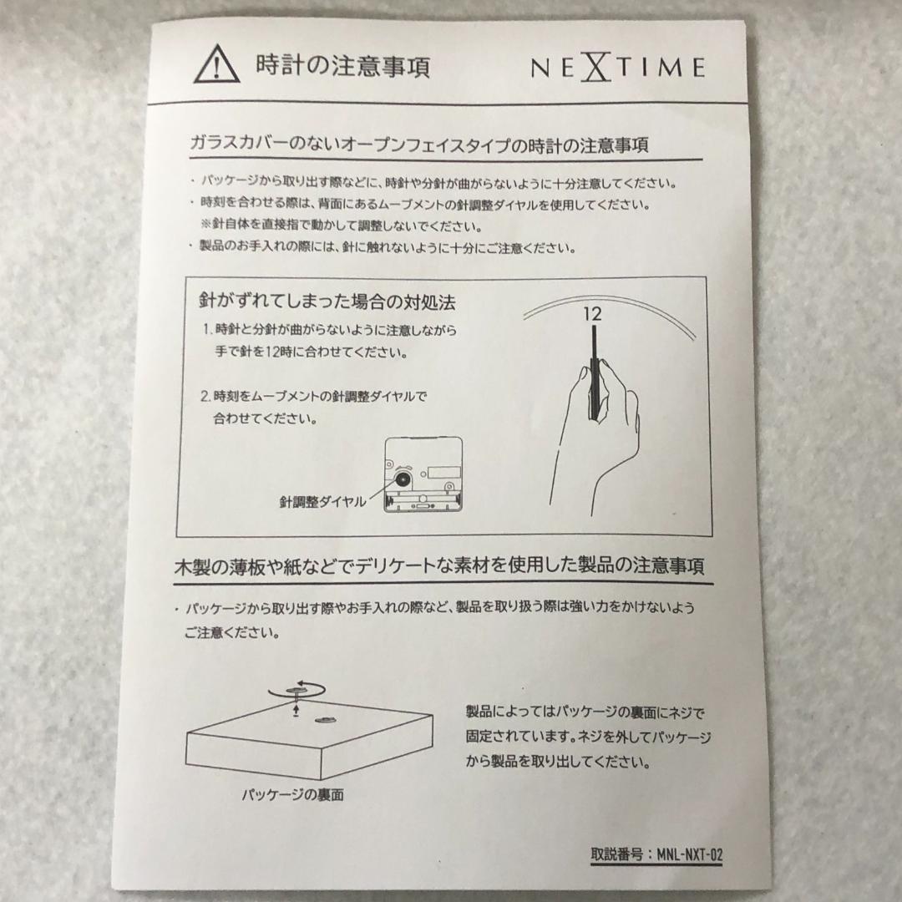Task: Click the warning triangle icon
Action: click(x=216, y=64)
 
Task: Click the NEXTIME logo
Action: click(x=617, y=67)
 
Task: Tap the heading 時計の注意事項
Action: click(x=342, y=66)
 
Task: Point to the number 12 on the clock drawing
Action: click(x=592, y=315)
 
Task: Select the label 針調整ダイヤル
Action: click(x=322, y=502)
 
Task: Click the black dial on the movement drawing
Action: click(x=403, y=479)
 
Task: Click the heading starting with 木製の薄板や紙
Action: click(x=438, y=567)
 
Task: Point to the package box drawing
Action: click(x=309, y=743)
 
